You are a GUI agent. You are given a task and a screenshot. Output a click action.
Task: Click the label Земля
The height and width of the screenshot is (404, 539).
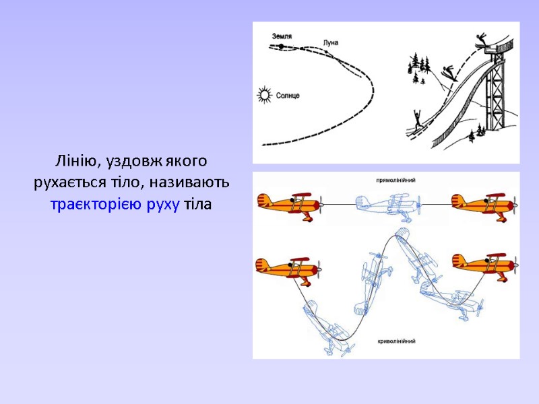tap(282, 36)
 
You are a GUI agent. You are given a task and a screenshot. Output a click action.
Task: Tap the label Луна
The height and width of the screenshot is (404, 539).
tap(331, 42)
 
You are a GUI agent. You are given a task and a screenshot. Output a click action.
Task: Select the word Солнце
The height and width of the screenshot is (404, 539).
tap(288, 96)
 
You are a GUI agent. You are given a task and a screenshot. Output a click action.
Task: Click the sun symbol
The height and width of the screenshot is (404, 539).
tap(265, 95)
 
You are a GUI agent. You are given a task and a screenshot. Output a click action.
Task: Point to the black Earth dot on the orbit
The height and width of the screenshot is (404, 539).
tap(281, 46)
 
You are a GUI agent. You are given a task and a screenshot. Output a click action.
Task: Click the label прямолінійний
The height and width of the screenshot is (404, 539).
tap(395, 180)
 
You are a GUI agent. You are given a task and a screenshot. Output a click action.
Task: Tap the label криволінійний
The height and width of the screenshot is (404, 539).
tap(396, 341)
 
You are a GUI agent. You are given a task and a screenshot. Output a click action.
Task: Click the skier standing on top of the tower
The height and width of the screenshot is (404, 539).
tap(481, 40)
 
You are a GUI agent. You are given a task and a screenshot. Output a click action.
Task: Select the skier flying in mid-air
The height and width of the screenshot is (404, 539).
tap(449, 73)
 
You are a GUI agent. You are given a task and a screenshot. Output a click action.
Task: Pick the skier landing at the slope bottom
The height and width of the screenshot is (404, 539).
tap(418, 122)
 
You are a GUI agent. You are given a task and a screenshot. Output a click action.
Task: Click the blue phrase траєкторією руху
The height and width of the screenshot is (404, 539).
tap(115, 205)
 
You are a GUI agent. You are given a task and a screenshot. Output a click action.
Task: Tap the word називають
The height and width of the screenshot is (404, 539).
tap(189, 182)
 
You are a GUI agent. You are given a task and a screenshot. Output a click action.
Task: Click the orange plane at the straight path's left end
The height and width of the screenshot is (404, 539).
tap(291, 205)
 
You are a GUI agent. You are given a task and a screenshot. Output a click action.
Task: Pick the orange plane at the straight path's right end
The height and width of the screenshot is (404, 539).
tap(484, 205)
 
